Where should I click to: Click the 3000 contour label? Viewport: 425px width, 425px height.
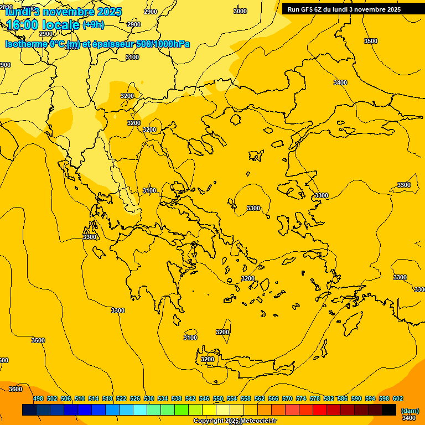click(240, 11)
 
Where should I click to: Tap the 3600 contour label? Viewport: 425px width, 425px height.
click(15, 389)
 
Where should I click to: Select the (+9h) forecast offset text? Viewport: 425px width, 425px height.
click(93, 25)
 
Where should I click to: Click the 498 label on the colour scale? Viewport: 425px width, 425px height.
click(38, 398)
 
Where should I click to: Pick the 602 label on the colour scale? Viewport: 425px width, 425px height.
click(397, 398)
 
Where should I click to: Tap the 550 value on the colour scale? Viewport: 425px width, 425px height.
click(218, 398)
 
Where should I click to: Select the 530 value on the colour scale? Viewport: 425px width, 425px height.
click(149, 398)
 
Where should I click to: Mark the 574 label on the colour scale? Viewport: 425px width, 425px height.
click(301, 398)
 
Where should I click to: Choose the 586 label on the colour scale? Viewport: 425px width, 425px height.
click(343, 398)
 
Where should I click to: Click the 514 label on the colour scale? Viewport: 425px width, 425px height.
click(94, 398)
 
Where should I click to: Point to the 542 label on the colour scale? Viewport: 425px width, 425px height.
click(190, 398)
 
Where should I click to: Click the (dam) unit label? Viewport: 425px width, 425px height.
click(410, 410)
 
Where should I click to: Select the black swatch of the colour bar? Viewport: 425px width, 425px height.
click(389, 410)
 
